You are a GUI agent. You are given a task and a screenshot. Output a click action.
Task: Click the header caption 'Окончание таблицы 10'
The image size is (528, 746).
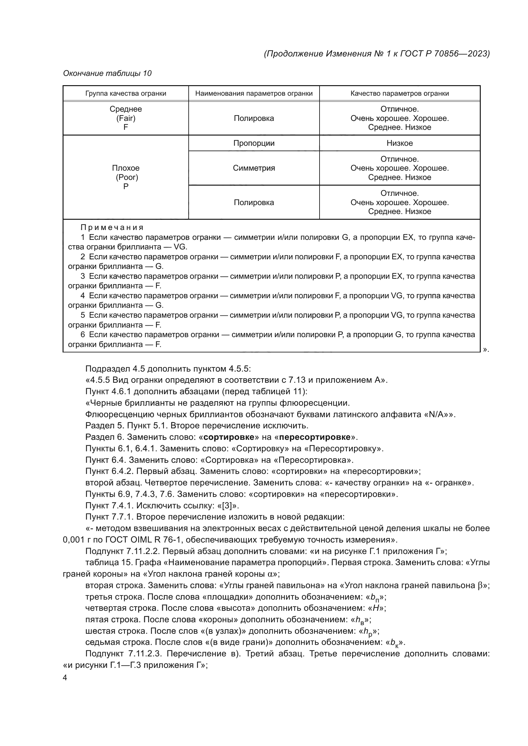point(107,73)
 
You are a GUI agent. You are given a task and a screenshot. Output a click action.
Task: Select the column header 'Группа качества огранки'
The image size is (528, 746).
point(125,93)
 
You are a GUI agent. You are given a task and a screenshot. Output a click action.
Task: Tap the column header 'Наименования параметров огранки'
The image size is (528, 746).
point(253,93)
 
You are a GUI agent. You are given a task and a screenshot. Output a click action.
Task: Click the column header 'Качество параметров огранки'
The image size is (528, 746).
point(399,93)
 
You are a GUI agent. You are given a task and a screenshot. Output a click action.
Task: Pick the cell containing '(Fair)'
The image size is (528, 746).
point(125,118)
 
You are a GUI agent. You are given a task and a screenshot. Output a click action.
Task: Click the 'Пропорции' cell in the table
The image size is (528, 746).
point(253,143)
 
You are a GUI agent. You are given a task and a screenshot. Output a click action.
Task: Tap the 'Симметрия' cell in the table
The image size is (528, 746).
point(253,168)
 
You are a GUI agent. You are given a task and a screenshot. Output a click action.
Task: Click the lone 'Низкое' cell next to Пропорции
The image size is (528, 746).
point(399,143)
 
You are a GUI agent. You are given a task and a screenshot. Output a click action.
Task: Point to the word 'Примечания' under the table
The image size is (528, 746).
point(112,227)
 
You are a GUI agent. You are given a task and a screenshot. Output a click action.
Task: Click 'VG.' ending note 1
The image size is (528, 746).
point(180,247)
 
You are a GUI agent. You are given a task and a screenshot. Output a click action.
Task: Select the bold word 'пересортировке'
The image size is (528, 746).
point(315,437)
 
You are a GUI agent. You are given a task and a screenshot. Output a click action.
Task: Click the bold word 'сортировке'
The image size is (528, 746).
point(229,437)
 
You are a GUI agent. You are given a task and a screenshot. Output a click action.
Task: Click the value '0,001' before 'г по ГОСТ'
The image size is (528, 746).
point(73,540)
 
